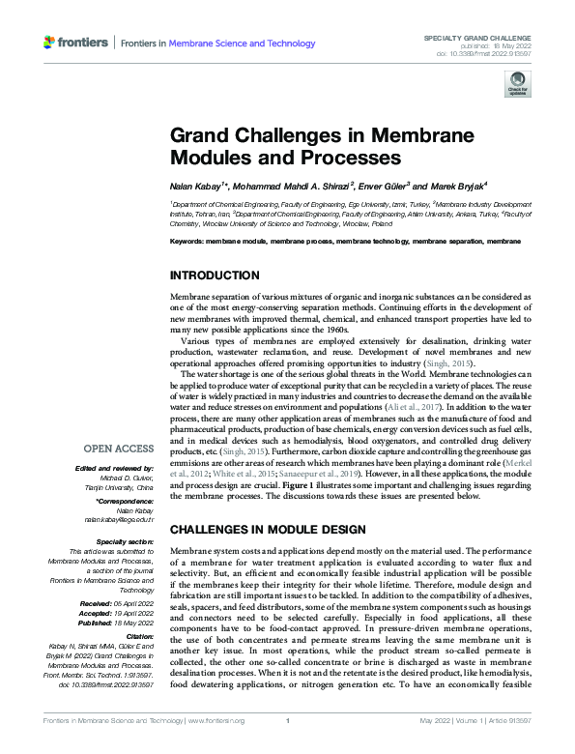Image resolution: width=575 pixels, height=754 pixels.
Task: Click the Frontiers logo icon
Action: pos(49,43)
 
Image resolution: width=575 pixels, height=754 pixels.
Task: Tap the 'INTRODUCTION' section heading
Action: pos(214,275)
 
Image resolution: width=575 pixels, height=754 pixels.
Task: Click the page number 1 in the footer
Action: pos(287,747)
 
